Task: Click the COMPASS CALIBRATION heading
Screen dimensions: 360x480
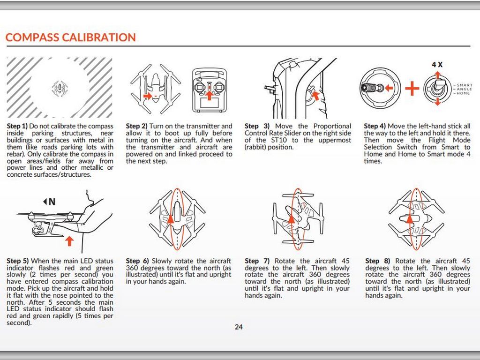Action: click(70, 37)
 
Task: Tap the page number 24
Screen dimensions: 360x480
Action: click(239, 327)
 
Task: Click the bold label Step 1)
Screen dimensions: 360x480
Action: click(17, 126)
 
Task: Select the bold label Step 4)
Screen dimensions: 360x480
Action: click(375, 126)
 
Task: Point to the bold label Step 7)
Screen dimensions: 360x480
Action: click(257, 261)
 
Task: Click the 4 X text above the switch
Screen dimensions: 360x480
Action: click(437, 65)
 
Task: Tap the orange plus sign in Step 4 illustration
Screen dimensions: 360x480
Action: click(412, 88)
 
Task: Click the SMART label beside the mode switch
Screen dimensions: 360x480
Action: click(465, 85)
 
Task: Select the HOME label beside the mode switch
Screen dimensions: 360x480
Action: click(463, 93)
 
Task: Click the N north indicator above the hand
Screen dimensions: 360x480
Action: click(49, 202)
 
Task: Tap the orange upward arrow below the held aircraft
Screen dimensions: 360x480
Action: click(69, 241)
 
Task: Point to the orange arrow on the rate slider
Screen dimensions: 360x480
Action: click(316, 96)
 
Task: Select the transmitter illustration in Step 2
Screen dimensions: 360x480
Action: click(209, 91)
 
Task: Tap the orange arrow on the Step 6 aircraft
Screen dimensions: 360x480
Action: click(171, 224)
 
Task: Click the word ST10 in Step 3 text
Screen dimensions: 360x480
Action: click(275, 140)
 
